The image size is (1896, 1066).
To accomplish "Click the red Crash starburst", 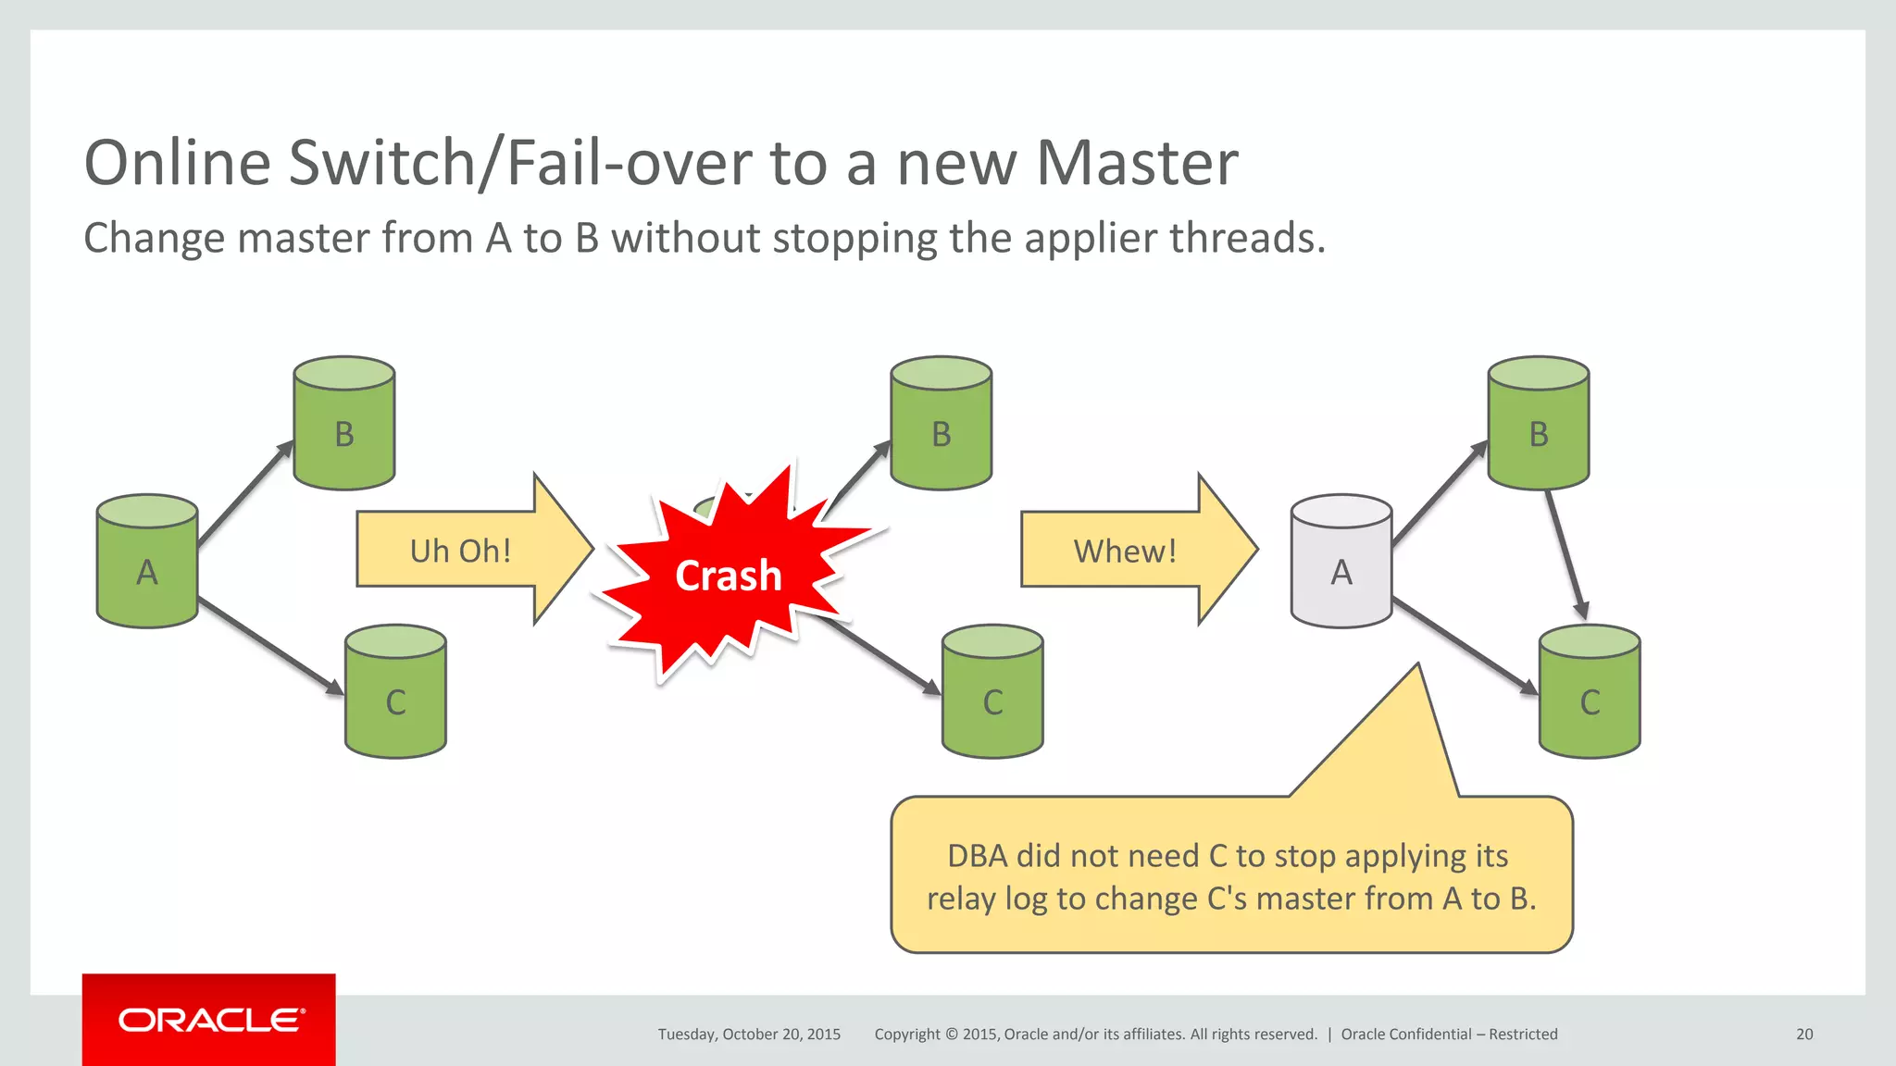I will (x=728, y=576).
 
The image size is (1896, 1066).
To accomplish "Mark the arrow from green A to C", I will (x=268, y=645).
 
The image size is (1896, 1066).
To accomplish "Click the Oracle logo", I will (x=209, y=1020).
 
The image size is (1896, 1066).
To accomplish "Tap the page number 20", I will (x=1803, y=1035).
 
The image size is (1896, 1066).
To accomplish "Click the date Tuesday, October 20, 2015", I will (x=749, y=1035).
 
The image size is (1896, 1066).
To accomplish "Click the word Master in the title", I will (x=1136, y=163).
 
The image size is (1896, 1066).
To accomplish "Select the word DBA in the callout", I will (x=977, y=856).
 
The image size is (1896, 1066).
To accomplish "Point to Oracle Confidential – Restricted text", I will (x=1449, y=1035).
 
